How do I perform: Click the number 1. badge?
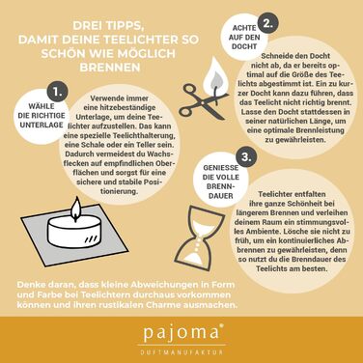click(x=57, y=92)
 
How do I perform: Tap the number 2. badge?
click(x=267, y=23)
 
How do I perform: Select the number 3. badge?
click(x=246, y=157)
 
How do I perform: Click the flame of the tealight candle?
click(x=76, y=209)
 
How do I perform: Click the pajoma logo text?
click(x=181, y=333)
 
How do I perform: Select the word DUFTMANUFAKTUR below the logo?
click(x=181, y=352)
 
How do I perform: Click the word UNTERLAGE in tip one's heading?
click(x=42, y=125)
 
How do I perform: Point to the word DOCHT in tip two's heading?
click(x=244, y=46)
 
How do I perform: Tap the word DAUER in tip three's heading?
click(x=220, y=195)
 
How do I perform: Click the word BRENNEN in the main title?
click(x=110, y=68)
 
